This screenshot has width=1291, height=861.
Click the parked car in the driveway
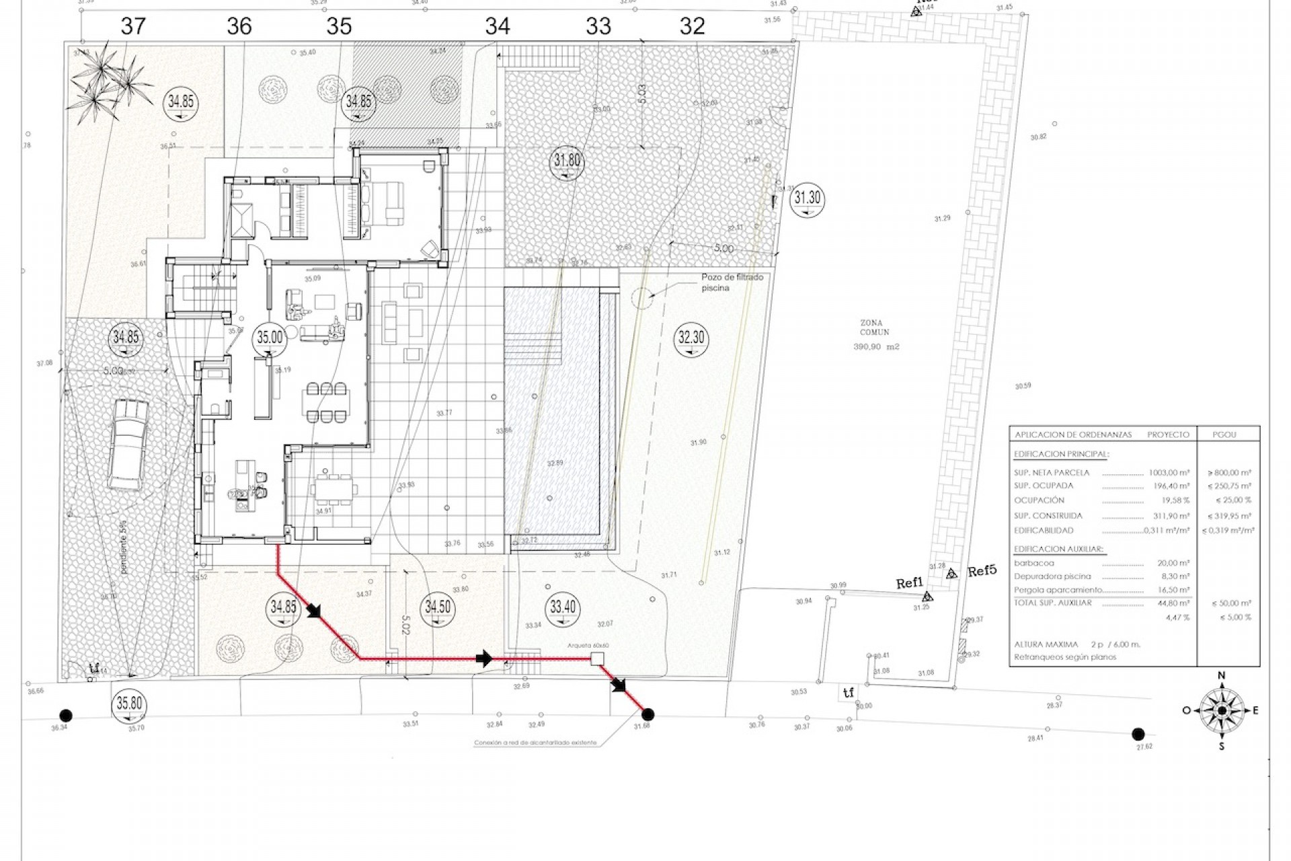tap(128, 445)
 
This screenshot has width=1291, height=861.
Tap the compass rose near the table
tap(1222, 710)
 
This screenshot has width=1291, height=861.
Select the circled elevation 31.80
tap(567, 162)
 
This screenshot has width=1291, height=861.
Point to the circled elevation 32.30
tap(691, 338)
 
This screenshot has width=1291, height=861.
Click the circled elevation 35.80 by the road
tap(129, 704)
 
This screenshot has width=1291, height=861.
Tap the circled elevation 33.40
tap(563, 607)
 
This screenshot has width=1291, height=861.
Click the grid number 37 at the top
tap(132, 26)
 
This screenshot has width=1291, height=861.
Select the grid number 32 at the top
tap(692, 26)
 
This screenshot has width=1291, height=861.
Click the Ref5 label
tap(981, 572)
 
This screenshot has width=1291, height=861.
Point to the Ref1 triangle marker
tap(927, 596)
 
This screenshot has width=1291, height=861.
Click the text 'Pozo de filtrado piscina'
tap(732, 282)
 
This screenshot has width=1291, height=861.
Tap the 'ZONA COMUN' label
tap(874, 328)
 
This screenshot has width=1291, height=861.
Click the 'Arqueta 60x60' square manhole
tap(596, 659)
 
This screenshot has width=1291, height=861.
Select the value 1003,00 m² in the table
tap(1170, 473)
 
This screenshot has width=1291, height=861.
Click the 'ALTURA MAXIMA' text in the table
tap(1046, 644)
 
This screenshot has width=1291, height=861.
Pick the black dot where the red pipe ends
tap(648, 714)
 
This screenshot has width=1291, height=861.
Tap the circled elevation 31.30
tap(807, 199)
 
